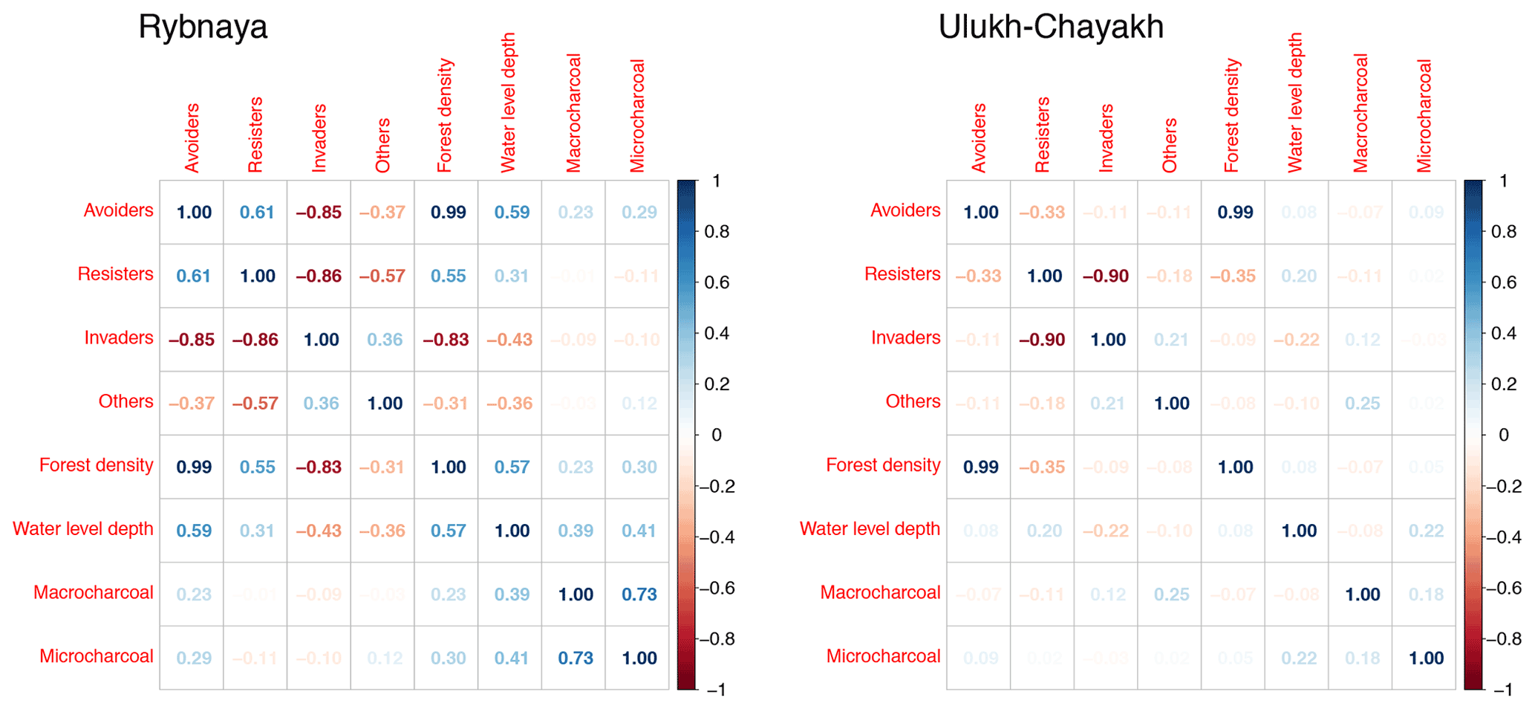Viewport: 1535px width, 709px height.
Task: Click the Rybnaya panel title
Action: tap(202, 27)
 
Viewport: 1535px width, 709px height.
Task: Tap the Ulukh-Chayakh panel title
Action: tap(1051, 27)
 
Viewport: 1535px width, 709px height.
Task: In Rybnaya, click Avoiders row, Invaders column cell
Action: tap(319, 213)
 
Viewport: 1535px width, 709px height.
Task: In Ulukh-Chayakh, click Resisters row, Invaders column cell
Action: tap(1106, 276)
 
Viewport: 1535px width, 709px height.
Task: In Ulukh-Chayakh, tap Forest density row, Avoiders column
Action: tap(981, 467)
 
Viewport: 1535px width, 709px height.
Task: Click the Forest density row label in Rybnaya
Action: tap(97, 465)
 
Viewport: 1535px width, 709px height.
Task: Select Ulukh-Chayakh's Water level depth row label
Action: tap(870, 529)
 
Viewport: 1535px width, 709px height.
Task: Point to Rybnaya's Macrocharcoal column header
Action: tap(573, 113)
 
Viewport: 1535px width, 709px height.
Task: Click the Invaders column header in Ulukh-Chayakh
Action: tap(1106, 138)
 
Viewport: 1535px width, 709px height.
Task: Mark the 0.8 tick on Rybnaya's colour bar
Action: tap(717, 232)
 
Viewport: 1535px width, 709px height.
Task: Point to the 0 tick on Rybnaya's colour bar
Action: tap(716, 435)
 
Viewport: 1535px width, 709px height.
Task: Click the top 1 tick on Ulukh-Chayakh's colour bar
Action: tap(1503, 181)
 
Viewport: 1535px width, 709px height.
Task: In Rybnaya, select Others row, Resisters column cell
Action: tap(255, 404)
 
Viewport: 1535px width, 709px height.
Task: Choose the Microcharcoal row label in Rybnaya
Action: tap(97, 656)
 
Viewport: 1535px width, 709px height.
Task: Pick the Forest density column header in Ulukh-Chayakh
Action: tap(1233, 116)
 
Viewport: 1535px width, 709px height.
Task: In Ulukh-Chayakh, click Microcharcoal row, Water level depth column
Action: tap(1299, 658)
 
